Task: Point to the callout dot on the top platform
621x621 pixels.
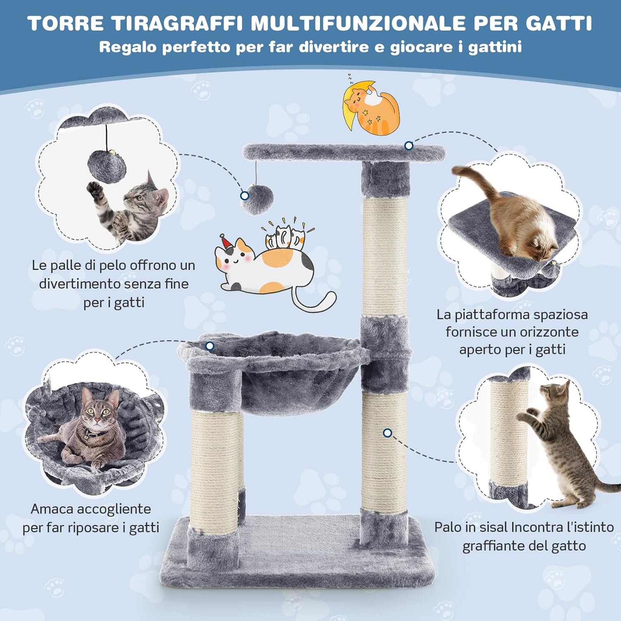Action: click(x=409, y=146)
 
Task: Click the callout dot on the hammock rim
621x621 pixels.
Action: click(x=210, y=346)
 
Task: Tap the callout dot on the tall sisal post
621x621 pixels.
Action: click(x=388, y=433)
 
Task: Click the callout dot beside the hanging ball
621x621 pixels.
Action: click(x=245, y=195)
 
